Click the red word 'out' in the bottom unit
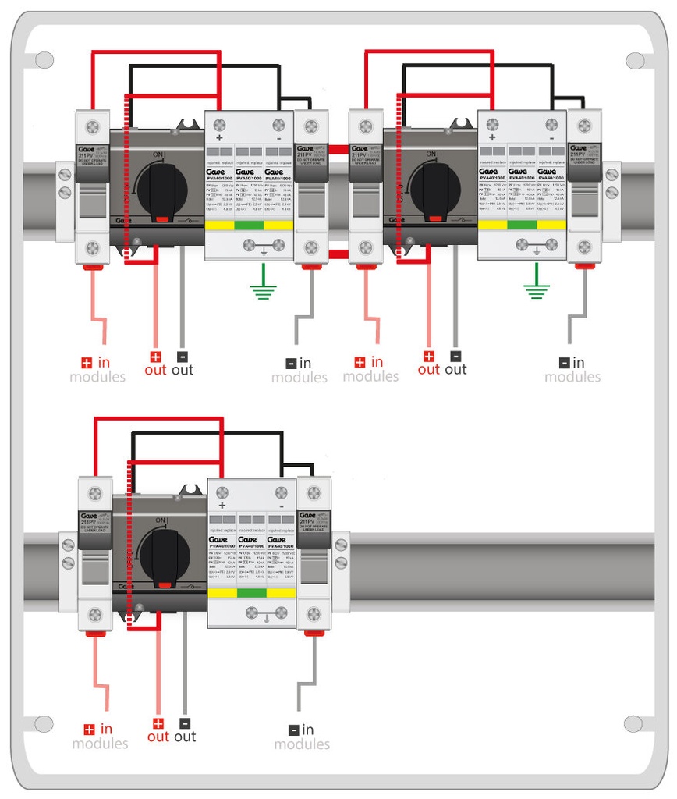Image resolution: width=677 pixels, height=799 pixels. click(x=158, y=737)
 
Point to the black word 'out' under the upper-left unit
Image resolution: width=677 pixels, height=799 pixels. click(x=183, y=370)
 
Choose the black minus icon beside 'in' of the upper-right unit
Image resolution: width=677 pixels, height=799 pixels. click(x=564, y=363)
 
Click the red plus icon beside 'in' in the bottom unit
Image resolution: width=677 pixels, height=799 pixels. click(x=89, y=730)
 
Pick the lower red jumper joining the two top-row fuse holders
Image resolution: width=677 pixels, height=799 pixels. click(x=337, y=254)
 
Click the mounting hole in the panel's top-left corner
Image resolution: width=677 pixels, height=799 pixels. click(x=44, y=59)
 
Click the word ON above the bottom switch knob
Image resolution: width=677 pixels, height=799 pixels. click(x=161, y=520)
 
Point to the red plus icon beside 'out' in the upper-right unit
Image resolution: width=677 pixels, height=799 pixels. click(x=428, y=356)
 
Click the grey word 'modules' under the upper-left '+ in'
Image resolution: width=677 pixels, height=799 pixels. click(x=97, y=378)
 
